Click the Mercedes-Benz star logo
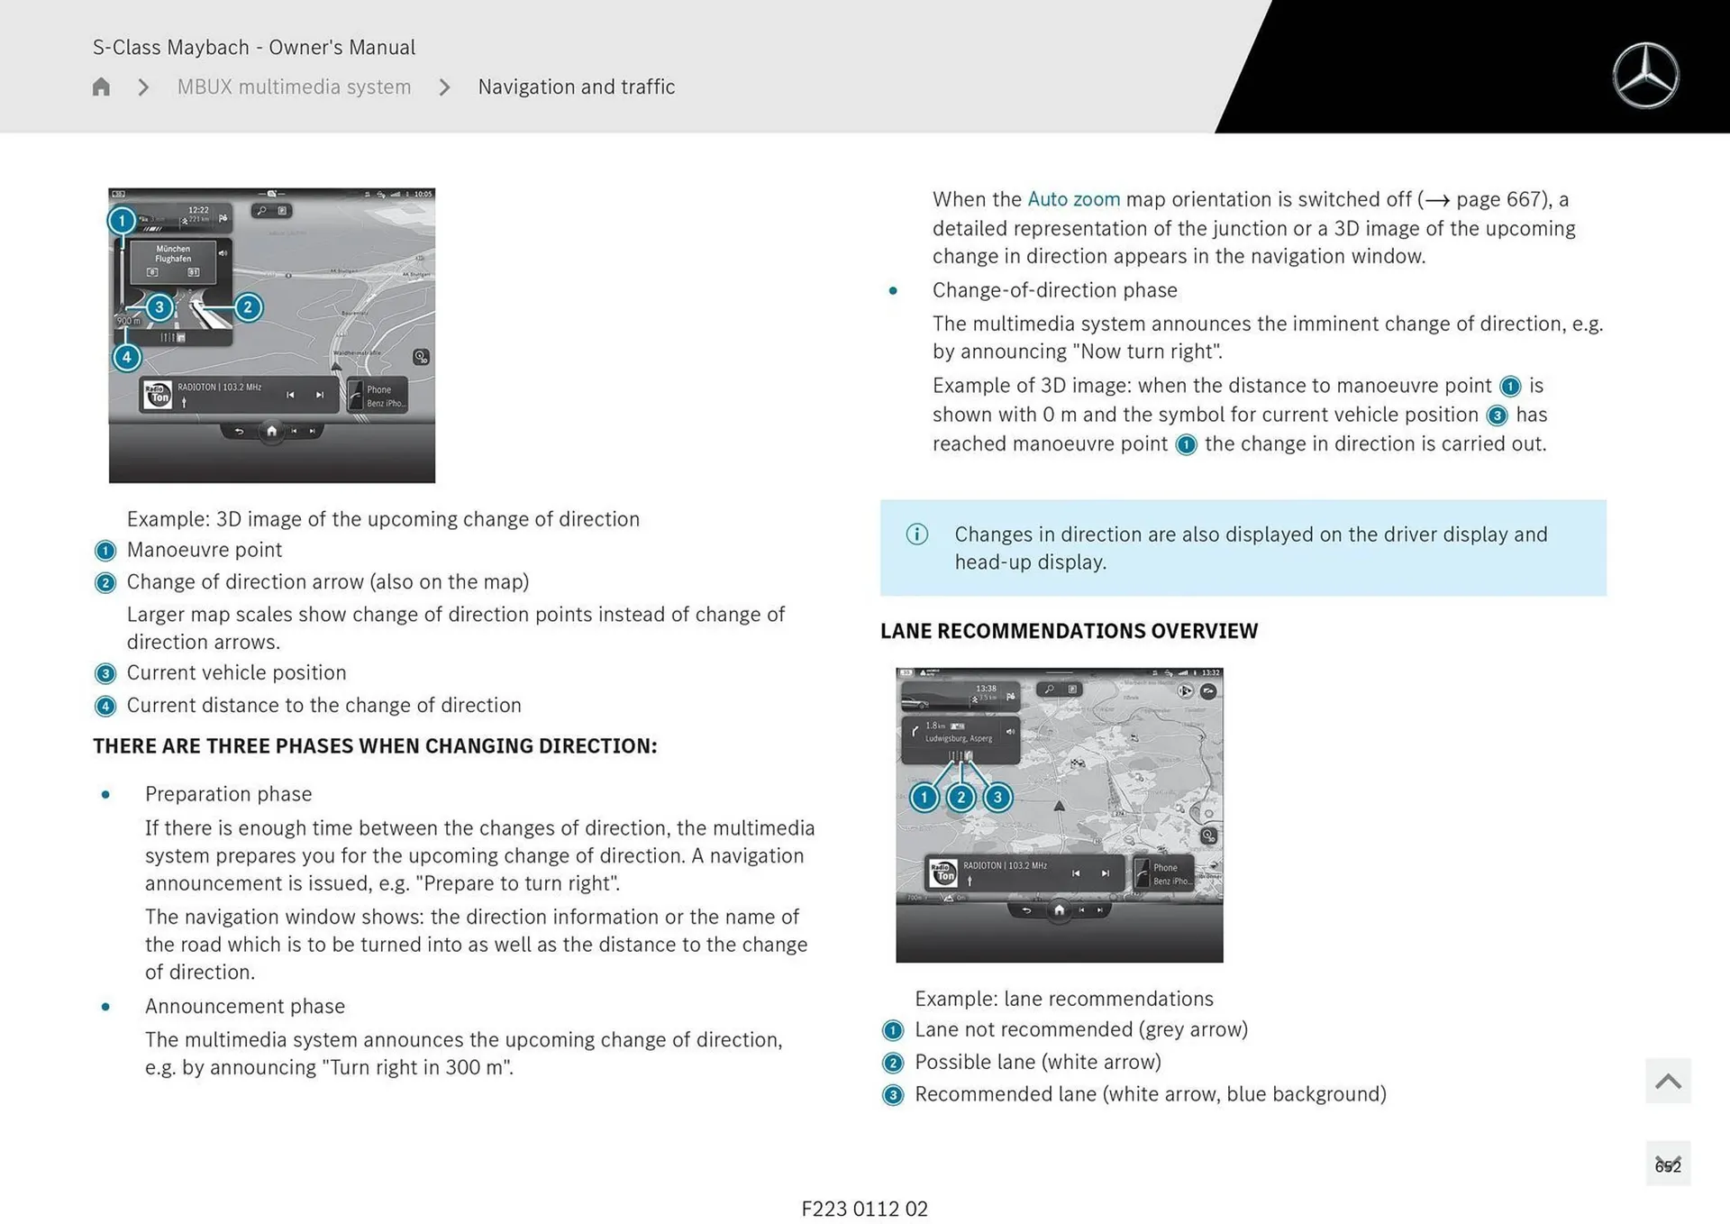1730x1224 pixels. pos(1645,76)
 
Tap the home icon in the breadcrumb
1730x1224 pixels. pos(101,87)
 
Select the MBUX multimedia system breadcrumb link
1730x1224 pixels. pos(294,87)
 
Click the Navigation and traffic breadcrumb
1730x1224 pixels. pos(576,87)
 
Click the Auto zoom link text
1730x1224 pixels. pos(1073,199)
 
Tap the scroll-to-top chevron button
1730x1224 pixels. pos(1668,1081)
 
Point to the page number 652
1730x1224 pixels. pos(1668,1165)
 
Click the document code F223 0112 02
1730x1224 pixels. pos(864,1209)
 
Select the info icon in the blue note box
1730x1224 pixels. pos(916,534)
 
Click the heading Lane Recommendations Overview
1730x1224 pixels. pos(1069,631)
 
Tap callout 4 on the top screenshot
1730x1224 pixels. pos(126,358)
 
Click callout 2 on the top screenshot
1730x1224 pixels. pos(248,307)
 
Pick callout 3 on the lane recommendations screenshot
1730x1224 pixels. pos(997,798)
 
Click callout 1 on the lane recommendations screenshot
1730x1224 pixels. pos(924,798)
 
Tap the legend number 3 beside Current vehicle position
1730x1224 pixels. pos(105,674)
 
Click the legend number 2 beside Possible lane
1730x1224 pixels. pos(893,1063)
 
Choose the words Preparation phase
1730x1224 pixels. pos(228,794)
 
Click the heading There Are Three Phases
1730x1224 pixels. pos(375,746)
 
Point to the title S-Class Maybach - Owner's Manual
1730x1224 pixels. pos(254,47)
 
